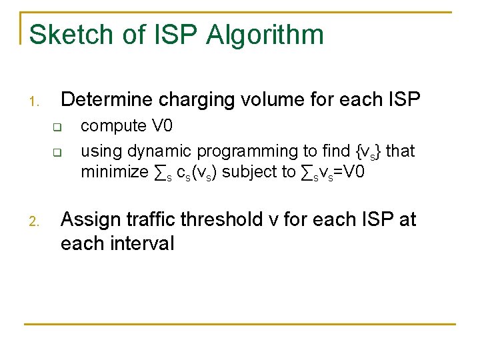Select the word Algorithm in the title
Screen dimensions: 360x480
pyautogui.click(x=265, y=35)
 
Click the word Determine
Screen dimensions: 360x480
pyautogui.click(x=108, y=100)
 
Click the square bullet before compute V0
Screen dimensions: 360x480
pyautogui.click(x=57, y=127)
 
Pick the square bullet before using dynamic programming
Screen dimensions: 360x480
pyautogui.click(x=57, y=152)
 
